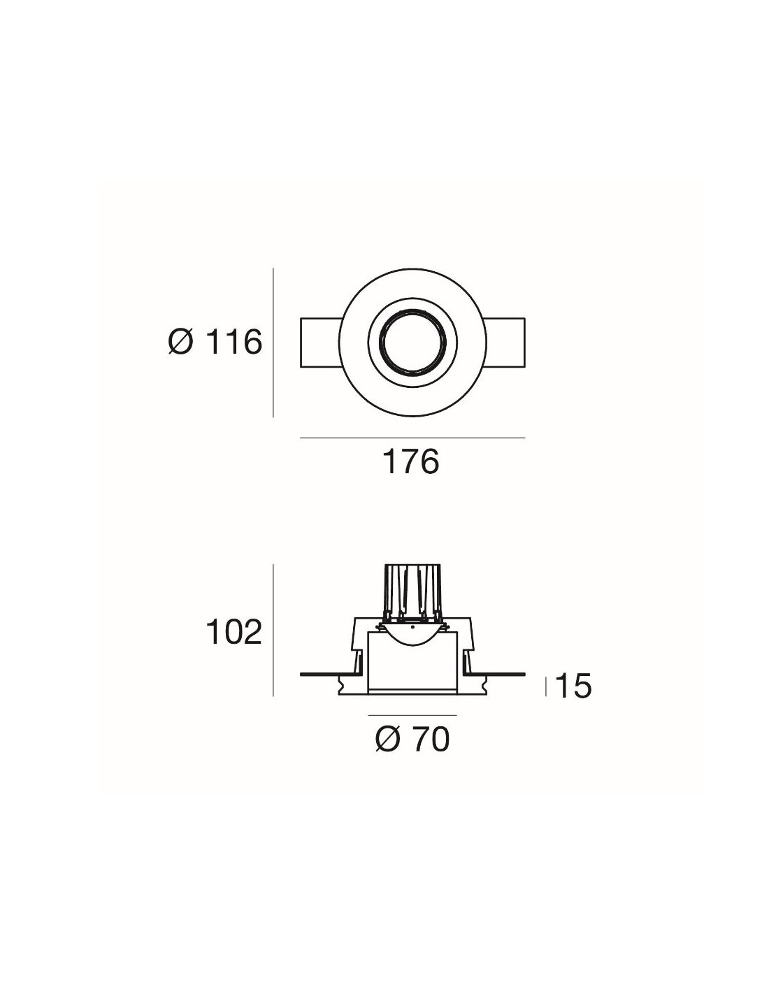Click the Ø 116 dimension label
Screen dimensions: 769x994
215,342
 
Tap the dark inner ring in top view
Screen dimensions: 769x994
412,342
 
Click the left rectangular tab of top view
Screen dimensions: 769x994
321,342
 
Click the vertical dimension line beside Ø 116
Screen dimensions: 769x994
273,342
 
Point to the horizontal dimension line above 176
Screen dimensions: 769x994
412,438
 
